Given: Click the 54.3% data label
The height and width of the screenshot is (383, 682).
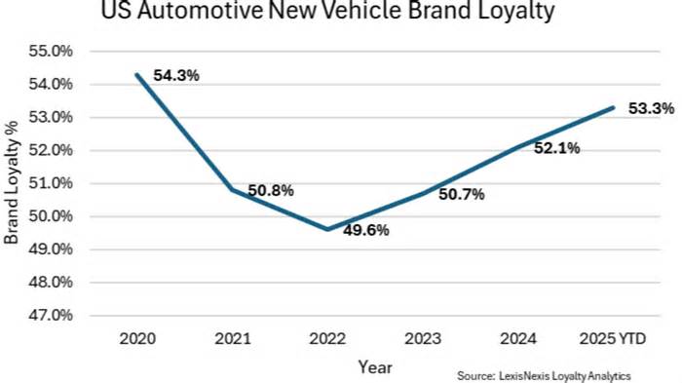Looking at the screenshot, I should click(176, 74).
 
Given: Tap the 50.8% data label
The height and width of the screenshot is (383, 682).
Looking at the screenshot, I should click(270, 190).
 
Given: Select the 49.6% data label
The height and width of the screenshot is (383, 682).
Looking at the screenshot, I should click(366, 231).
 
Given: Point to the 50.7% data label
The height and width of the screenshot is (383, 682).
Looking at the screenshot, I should click(462, 194).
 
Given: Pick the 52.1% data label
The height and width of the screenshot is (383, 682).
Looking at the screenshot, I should click(557, 148).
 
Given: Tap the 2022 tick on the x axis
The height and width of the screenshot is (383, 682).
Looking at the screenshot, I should click(326, 338).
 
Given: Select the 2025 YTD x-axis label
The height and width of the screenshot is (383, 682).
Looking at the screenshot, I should click(613, 338).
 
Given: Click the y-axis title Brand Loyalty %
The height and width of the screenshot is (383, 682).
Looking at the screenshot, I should click(13, 183).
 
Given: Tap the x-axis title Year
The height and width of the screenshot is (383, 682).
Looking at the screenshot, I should click(374, 366).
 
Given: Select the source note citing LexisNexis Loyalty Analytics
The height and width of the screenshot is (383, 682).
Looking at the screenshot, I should click(544, 375).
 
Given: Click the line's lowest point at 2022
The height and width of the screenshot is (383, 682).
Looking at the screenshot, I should click(326, 229).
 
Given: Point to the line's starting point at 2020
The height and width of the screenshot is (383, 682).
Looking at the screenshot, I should click(136, 74).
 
